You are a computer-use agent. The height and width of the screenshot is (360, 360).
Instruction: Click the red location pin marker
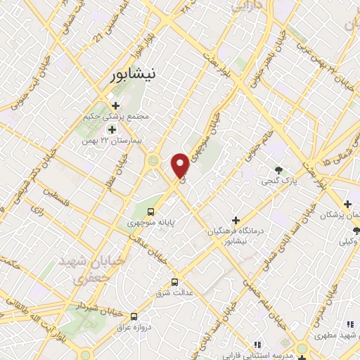pyautogui.click(x=181, y=165)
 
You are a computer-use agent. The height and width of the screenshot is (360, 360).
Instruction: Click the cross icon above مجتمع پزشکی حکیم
pyautogui.click(x=116, y=105)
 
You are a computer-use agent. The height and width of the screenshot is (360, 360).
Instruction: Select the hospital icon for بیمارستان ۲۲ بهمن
pyautogui.click(x=112, y=129)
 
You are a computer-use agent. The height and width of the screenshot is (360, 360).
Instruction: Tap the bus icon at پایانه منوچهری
pyautogui.click(x=150, y=211)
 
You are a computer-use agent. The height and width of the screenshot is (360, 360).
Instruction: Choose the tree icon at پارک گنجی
pyautogui.click(x=279, y=169)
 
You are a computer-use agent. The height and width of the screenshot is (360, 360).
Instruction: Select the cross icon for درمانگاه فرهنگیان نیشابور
pyautogui.click(x=236, y=221)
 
